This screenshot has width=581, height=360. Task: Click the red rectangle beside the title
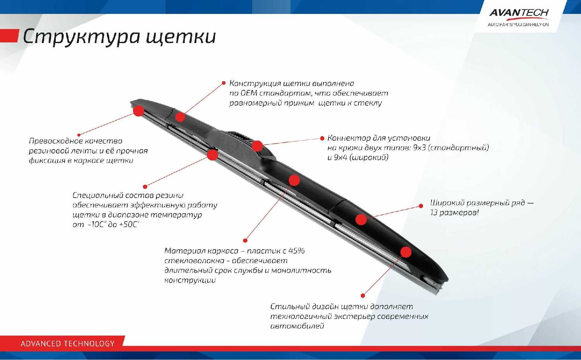coord(10,36)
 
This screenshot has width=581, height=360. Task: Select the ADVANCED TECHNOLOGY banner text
coord(67,344)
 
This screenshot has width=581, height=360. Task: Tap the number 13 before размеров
coord(434,213)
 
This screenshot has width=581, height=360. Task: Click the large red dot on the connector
coord(257,146)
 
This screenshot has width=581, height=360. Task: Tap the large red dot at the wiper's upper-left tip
coord(139,111)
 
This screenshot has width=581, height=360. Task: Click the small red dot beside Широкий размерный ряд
coord(421,206)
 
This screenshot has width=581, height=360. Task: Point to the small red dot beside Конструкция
coord(223,83)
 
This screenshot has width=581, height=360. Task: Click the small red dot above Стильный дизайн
coord(363,295)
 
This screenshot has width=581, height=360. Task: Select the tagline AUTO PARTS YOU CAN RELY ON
coord(518,25)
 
